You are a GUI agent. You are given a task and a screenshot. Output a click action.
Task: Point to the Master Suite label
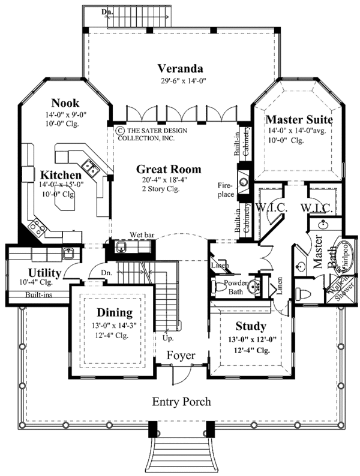(299, 119)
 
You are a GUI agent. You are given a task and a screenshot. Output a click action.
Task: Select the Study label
(251, 327)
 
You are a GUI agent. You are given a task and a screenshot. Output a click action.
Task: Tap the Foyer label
(181, 356)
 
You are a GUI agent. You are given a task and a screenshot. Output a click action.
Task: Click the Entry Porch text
(181, 402)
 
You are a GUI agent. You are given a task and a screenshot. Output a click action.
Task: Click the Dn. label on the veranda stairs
(91, 11)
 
